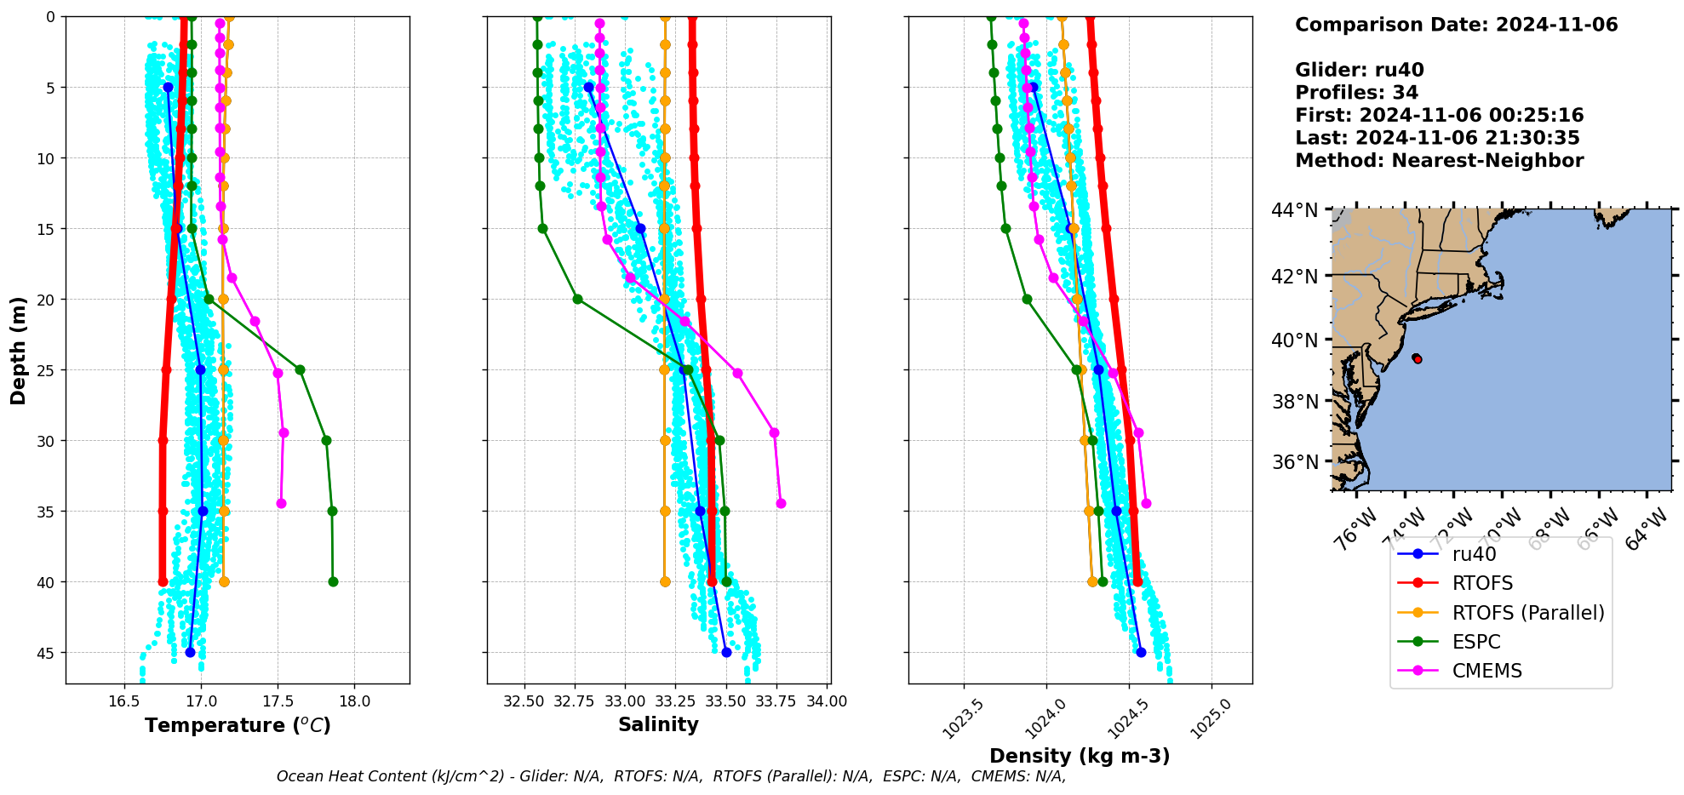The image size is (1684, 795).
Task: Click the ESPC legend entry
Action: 1476,642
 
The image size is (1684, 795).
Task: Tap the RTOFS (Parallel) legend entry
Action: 1527,613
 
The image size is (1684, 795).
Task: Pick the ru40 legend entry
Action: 1474,554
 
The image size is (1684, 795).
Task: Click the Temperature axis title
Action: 238,725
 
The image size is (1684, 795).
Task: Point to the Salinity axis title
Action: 658,725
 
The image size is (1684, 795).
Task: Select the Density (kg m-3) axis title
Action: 1080,756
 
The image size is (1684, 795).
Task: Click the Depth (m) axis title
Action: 19,350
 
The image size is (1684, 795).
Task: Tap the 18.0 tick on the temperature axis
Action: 354,701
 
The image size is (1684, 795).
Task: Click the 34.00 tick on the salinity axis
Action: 827,701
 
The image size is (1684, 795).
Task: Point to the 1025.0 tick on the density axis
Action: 1210,718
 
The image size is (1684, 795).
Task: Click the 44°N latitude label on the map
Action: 1294,209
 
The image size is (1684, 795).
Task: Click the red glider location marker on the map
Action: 1417,359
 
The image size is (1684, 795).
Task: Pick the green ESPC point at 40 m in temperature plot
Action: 333,582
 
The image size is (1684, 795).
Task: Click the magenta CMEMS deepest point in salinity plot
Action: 781,503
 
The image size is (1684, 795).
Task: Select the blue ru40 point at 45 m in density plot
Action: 1141,652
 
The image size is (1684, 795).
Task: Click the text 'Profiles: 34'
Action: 1356,93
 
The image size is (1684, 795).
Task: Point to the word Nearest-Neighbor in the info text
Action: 1487,161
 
